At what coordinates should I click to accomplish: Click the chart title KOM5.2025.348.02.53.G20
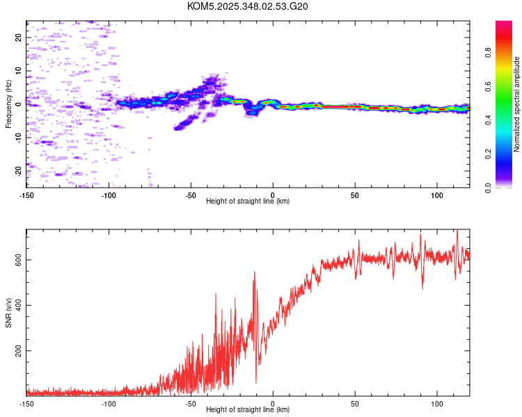coord(248,6)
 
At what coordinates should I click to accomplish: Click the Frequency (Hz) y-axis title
coord(8,104)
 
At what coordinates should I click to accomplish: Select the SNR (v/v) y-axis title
coord(8,312)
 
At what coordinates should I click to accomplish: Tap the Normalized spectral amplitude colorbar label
coord(516,104)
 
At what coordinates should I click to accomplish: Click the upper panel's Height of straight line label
coord(248,201)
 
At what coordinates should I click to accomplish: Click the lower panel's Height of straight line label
coord(248,409)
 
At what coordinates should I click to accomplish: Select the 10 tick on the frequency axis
coord(18,71)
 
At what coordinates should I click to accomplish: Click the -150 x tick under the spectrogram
coord(26,195)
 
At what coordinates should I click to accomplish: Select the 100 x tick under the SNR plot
coord(437,403)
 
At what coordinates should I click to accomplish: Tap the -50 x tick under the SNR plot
coord(191,403)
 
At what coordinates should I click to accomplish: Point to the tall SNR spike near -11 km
coord(255,272)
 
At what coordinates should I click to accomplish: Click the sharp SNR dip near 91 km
coord(422,288)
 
